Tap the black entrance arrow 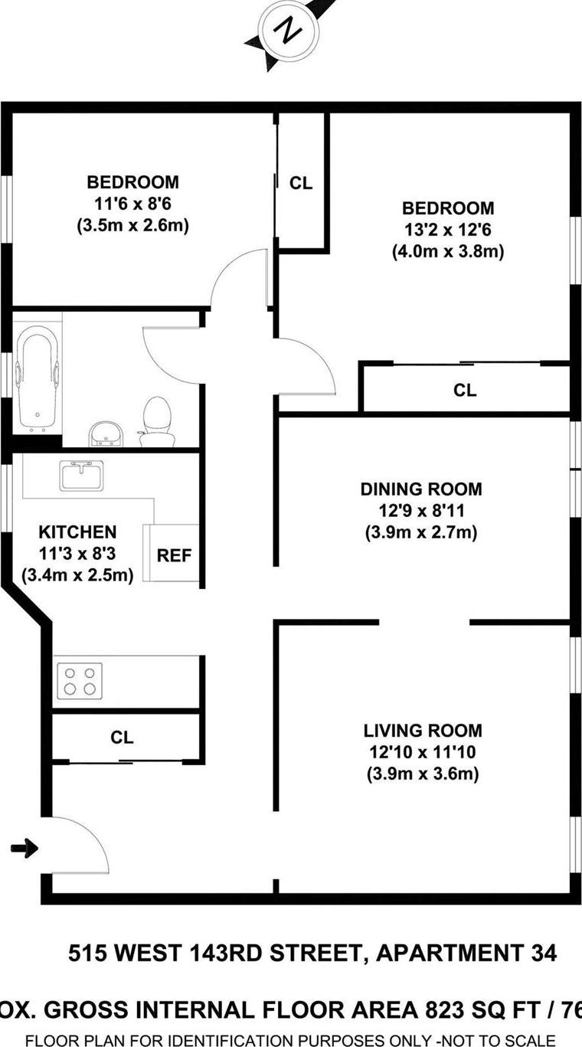coord(25,848)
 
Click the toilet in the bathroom coord(157,421)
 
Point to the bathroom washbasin coord(106,434)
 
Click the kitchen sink coord(81,475)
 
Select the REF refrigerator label coord(174,555)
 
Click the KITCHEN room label coord(77,532)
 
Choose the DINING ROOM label coord(421,489)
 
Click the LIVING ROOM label coord(423,731)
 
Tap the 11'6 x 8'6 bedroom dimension coord(132,204)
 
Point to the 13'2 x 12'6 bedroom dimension coord(448,230)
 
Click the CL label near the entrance coord(122,738)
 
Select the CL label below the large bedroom coord(465,390)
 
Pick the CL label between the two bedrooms coord(301,184)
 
